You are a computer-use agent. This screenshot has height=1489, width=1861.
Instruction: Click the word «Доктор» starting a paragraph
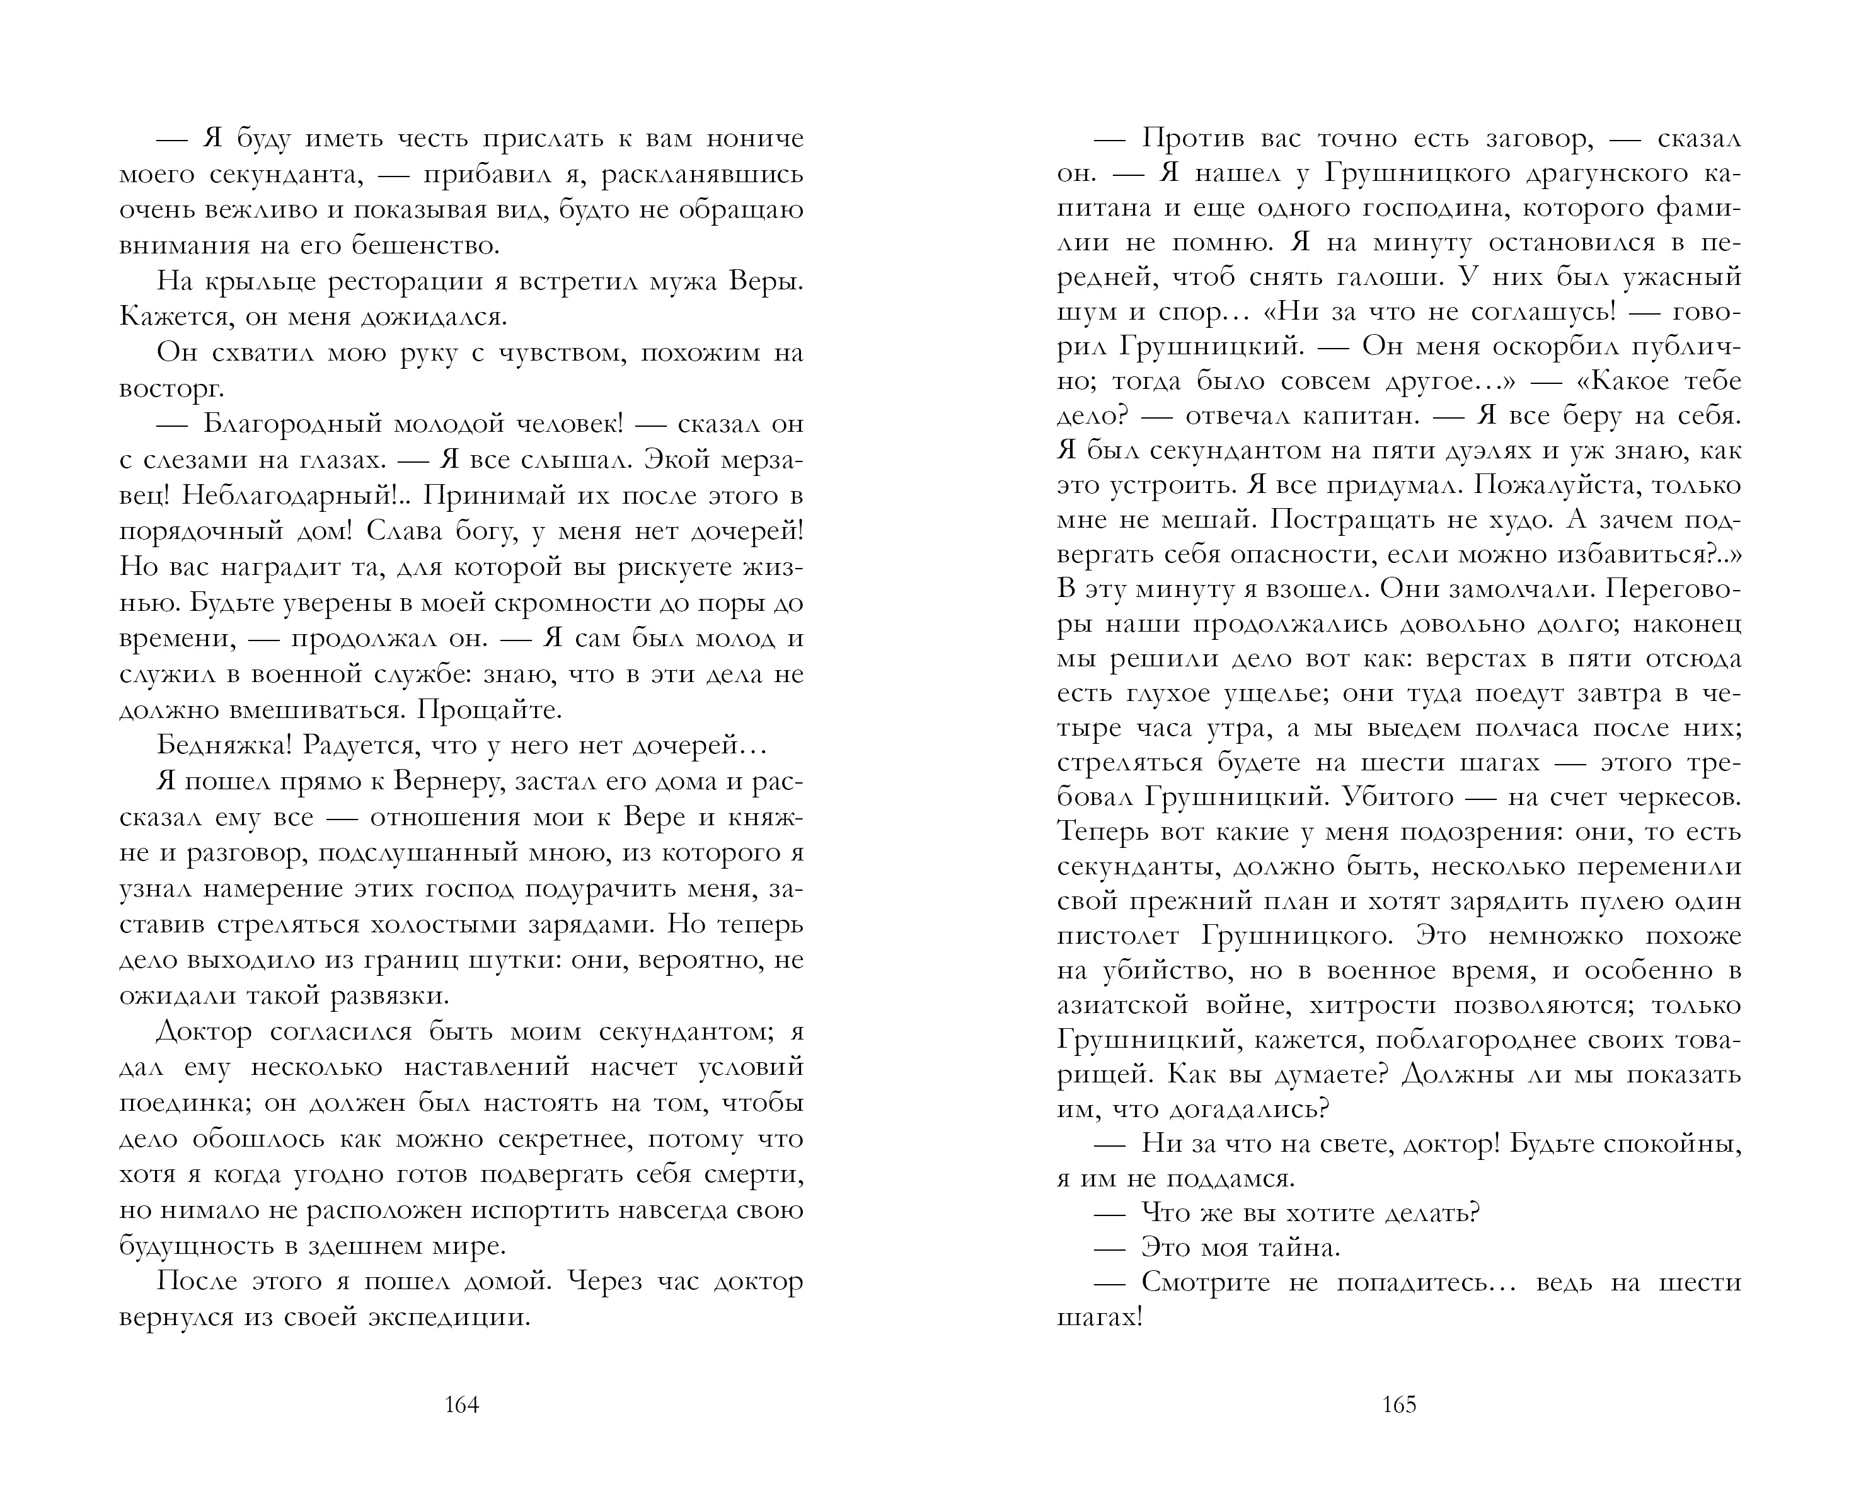pyautogui.click(x=205, y=1031)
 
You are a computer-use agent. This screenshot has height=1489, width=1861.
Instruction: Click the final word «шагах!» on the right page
pyautogui.click(x=1100, y=1318)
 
